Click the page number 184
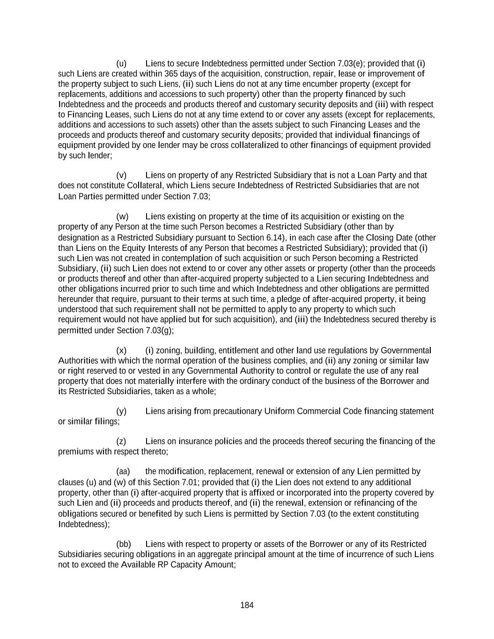[247, 605]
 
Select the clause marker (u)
[121, 63]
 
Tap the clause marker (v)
[121, 175]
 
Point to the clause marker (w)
[122, 216]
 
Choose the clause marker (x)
[121, 350]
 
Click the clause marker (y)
[121, 411]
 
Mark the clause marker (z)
[121, 441]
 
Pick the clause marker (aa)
[123, 471]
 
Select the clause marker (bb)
[123, 544]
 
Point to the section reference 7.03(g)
[159, 331]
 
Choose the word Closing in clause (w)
[380, 237]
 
